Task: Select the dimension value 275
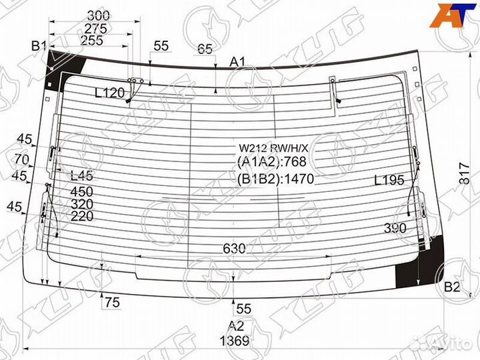pos(96,28)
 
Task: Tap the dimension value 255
pos(91,40)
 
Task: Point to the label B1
pos(39,46)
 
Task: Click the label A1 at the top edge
pos(238,62)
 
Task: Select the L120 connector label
pos(109,93)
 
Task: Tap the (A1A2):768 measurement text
pos(270,163)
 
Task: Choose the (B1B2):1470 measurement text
pos(275,179)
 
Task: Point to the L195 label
pos(389,180)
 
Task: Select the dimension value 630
pos(234,249)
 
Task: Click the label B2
pos(452,287)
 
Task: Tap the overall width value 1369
pos(235,341)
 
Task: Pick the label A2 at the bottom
pos(236,325)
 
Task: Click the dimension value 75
pos(112,303)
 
